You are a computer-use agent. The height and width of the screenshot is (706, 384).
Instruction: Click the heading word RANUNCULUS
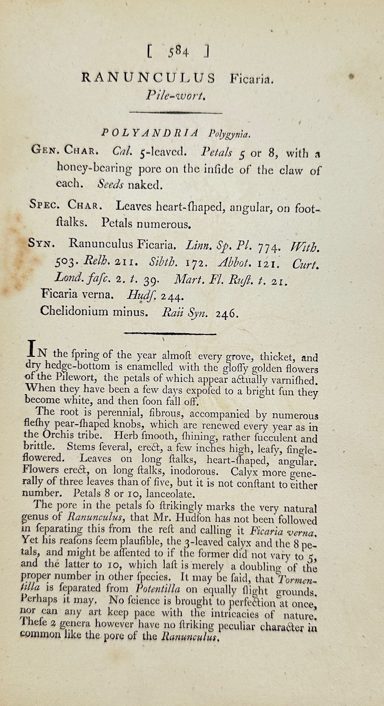click(x=148, y=78)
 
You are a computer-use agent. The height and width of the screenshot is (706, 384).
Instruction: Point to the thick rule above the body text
click(x=170, y=334)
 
